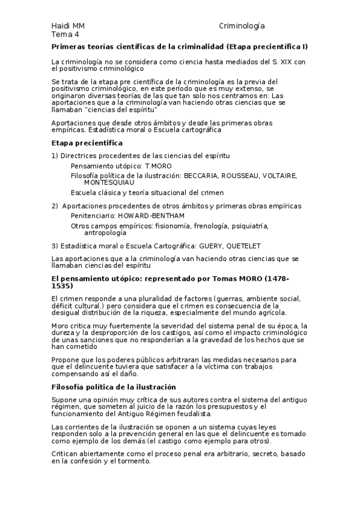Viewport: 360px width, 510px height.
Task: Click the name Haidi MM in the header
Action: [68, 26]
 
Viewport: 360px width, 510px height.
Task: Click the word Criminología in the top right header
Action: [242, 26]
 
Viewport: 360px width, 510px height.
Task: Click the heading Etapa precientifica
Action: [87, 143]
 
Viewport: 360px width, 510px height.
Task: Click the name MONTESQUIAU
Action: [109, 182]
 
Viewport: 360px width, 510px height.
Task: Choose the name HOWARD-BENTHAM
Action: [142, 215]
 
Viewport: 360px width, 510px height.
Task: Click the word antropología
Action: [105, 232]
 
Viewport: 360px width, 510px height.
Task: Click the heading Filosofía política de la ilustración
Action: [114, 387]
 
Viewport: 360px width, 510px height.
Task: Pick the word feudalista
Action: [191, 414]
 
